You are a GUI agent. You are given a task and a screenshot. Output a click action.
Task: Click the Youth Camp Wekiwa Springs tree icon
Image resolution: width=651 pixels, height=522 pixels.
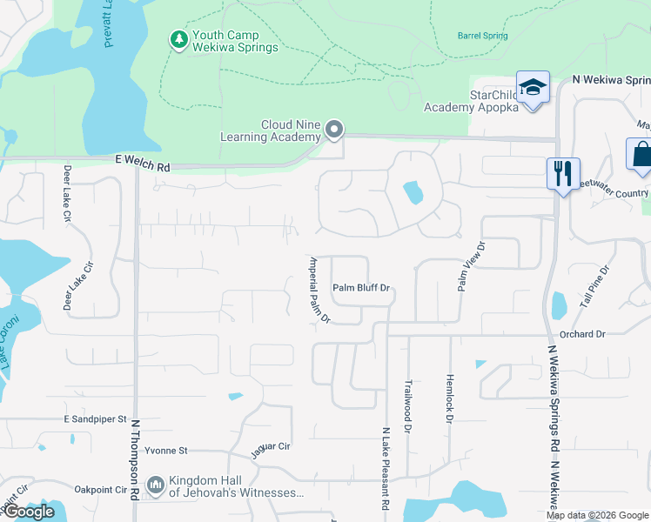click(178, 39)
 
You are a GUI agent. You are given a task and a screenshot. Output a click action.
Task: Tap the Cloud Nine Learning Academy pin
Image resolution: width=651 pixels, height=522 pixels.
click(334, 130)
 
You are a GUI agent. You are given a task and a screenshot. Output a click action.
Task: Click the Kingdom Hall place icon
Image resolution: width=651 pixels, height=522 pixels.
click(156, 484)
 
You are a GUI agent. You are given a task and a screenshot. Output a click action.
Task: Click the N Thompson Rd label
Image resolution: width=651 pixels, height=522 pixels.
click(136, 461)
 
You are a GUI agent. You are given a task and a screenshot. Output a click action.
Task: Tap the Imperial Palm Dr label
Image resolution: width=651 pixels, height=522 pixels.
click(319, 290)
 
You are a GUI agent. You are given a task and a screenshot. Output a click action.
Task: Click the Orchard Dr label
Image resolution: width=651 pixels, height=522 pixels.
click(582, 334)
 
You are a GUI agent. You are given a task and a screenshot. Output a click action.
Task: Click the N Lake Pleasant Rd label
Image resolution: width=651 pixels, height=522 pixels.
click(384, 468)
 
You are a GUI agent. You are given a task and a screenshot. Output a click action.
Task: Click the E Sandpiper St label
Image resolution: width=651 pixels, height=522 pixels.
click(96, 419)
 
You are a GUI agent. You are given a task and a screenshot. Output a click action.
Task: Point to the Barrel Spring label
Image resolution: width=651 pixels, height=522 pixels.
click(482, 36)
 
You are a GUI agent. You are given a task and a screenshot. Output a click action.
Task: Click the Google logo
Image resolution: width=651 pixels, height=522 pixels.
click(29, 512)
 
